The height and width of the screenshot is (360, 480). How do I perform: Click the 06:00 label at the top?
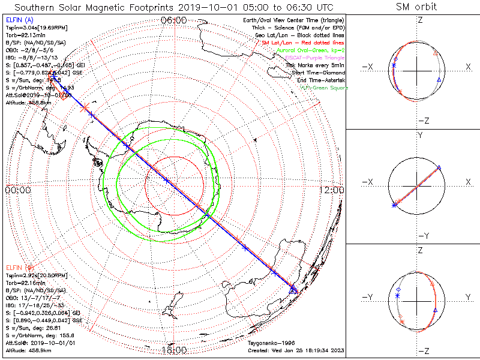174,20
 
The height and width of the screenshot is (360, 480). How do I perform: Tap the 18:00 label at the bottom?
174,350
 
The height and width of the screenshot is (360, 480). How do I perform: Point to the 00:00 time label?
17,190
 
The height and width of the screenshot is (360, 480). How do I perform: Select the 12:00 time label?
333,190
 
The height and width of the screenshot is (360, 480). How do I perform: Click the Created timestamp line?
295,350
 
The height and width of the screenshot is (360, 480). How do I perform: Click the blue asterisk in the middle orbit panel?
394,205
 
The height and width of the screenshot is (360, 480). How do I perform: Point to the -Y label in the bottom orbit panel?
370,297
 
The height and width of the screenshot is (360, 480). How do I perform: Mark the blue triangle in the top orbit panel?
439,79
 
